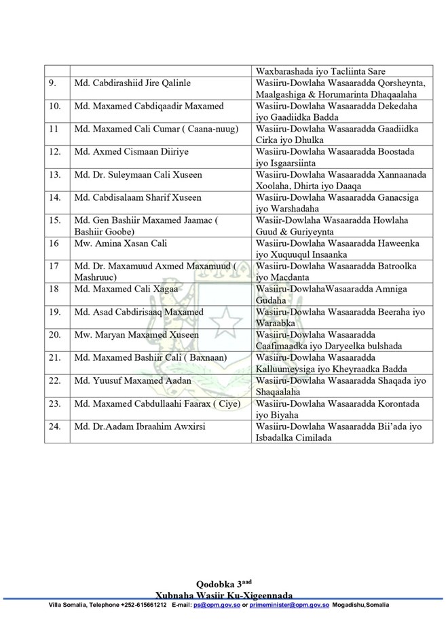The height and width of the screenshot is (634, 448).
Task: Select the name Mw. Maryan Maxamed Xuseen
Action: (x=136, y=335)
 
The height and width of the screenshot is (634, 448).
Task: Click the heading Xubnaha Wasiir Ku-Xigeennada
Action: (x=223, y=593)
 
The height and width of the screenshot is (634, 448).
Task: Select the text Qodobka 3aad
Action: (x=223, y=583)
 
